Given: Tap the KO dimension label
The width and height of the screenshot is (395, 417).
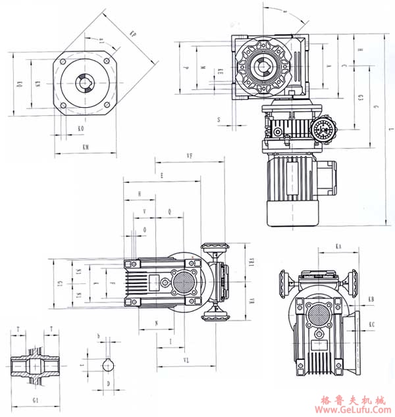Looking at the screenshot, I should [80, 129].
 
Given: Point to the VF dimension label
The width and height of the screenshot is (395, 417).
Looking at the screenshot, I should [190, 156].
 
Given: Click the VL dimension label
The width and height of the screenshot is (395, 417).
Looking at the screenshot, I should [187, 361].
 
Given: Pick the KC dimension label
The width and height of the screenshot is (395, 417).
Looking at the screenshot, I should [372, 324].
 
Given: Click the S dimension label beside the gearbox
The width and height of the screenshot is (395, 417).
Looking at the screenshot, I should [219, 120].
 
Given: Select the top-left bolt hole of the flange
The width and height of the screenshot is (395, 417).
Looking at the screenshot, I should [63, 61].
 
